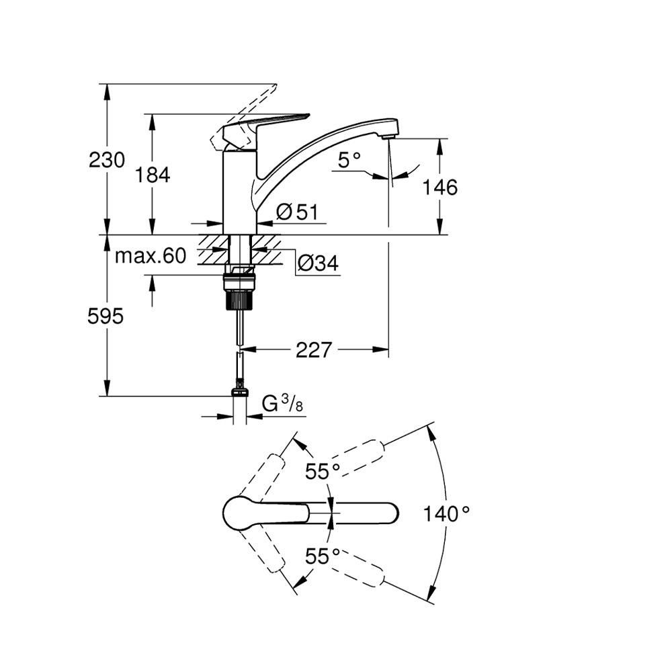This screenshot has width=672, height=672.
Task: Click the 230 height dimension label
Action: pyautogui.click(x=107, y=160)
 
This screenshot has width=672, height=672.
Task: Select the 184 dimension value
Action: pyautogui.click(x=153, y=175)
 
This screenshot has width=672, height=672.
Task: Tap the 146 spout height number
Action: pyautogui.click(x=441, y=187)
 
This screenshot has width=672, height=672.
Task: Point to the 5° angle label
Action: pyautogui.click(x=349, y=160)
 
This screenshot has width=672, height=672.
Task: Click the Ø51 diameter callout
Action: pyautogui.click(x=296, y=212)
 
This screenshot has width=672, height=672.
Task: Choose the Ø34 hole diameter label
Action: pyautogui.click(x=317, y=264)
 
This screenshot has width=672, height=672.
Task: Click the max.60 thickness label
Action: pyautogui.click(x=150, y=256)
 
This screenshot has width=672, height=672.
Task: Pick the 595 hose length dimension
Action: pyautogui.click(x=106, y=317)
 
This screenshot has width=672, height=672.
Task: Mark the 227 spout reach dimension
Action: pyautogui.click(x=313, y=349)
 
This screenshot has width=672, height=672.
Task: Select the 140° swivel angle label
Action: pyautogui.click(x=446, y=515)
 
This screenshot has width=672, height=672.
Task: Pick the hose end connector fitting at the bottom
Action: pyautogui.click(x=240, y=391)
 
